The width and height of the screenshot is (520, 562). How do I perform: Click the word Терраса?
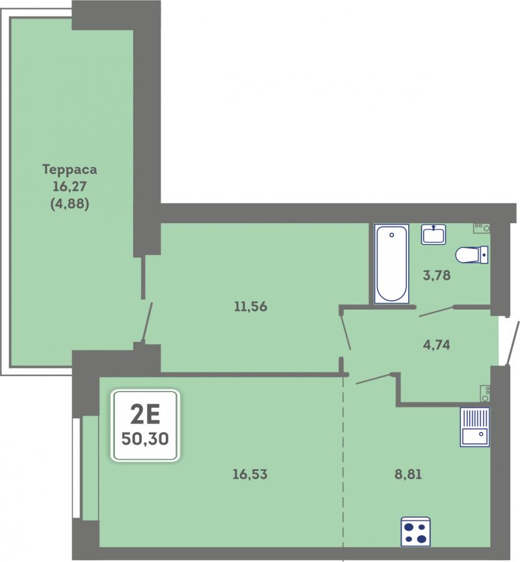pos(70,170)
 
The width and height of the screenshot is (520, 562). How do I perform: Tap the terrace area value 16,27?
pos(70,187)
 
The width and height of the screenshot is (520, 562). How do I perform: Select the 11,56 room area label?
pos(251,307)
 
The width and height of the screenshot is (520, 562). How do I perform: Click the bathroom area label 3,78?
pos(437,275)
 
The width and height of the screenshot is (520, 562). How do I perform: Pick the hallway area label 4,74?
pos(437,345)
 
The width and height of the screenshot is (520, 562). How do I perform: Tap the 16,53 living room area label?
pos(250,475)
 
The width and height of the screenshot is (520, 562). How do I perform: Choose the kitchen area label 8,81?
pos(408,475)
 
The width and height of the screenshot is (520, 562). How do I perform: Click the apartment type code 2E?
pos(145,415)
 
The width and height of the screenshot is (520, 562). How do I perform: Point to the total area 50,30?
pos(145,438)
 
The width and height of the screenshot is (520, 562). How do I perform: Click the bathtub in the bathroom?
pos(391,264)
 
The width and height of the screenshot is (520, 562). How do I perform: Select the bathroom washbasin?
pos(434,234)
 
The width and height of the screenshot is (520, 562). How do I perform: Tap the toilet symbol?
pos(472,255)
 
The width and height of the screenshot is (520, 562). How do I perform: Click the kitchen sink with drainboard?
pos(475,427)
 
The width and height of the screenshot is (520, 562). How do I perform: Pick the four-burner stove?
pos(415,532)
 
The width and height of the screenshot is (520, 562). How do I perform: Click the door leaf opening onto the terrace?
pos(148,322)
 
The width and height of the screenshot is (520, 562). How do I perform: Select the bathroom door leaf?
pos(437,312)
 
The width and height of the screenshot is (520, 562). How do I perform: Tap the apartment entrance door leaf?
pos(512,343)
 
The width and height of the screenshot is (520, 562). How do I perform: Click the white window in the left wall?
pos(76,468)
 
